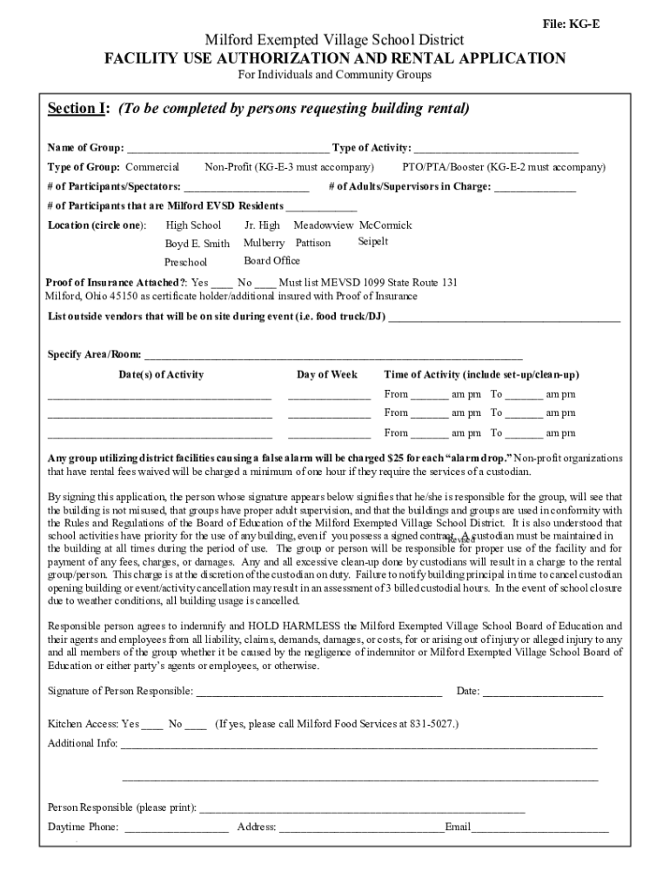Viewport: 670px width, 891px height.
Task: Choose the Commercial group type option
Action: pos(152,166)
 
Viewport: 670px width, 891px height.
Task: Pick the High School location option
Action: pos(193,225)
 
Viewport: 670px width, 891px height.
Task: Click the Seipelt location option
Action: pos(373,241)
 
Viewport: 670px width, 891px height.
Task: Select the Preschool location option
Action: pos(186,262)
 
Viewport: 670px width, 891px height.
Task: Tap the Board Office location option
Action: pos(271,260)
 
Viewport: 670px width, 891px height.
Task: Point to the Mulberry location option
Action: pos(264,243)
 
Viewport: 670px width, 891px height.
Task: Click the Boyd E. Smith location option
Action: pos(198,244)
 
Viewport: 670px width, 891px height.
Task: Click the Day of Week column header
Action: pos(327,374)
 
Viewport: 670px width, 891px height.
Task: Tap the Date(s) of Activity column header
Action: pos(161,374)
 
